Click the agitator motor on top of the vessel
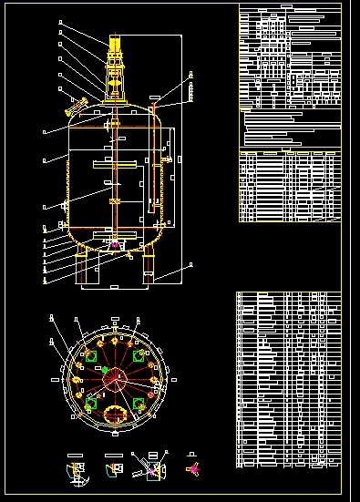(116, 45)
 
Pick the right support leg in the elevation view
(147, 269)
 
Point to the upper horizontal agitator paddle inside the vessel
(116, 165)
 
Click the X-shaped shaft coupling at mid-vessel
(115, 201)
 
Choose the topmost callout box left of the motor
(59, 21)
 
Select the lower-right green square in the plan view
(138, 402)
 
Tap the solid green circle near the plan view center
(105, 369)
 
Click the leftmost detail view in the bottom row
(77, 469)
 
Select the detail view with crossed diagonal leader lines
(150, 467)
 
